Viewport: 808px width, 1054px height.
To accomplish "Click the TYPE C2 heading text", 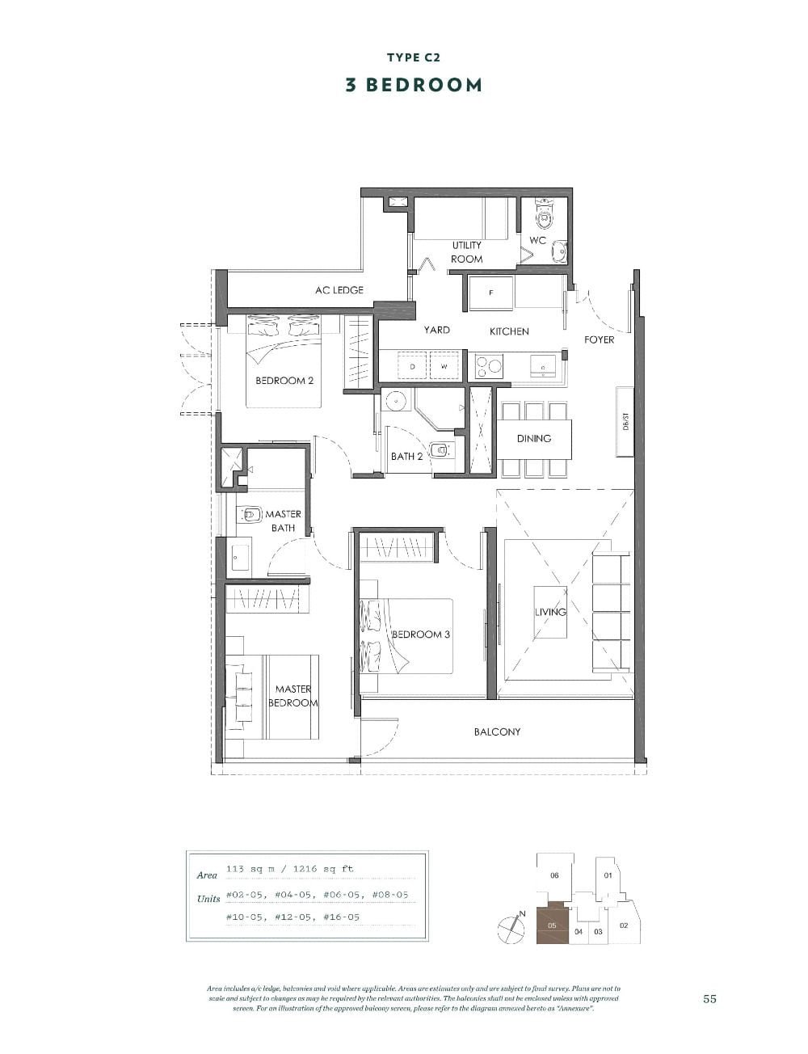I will coord(414,57).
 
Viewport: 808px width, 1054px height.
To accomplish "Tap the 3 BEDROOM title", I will coord(414,85).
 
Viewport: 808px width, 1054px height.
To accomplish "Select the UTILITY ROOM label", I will coord(466,252).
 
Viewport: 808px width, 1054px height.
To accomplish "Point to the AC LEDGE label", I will coord(339,290).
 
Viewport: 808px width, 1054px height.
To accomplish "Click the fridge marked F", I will coord(490,293).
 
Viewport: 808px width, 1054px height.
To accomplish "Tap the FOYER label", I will coord(599,339).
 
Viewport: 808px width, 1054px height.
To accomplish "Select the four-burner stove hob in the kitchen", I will coord(488,367).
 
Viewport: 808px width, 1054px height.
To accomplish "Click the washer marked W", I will coord(444,366).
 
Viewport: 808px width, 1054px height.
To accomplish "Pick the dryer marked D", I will coord(412,366).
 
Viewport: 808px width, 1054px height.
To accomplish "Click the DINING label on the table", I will coord(534,438).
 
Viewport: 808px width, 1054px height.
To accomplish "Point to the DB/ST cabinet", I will coord(625,422).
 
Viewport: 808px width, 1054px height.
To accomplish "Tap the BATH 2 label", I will coord(406,456).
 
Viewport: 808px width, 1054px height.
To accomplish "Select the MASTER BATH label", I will coord(283,521).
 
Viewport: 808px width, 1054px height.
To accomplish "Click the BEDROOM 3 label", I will coord(421,635).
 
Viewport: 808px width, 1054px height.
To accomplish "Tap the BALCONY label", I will coord(497,731).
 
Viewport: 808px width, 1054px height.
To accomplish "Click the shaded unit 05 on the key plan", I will coord(552,923).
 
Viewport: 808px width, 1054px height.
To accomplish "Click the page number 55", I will coord(709,999).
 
